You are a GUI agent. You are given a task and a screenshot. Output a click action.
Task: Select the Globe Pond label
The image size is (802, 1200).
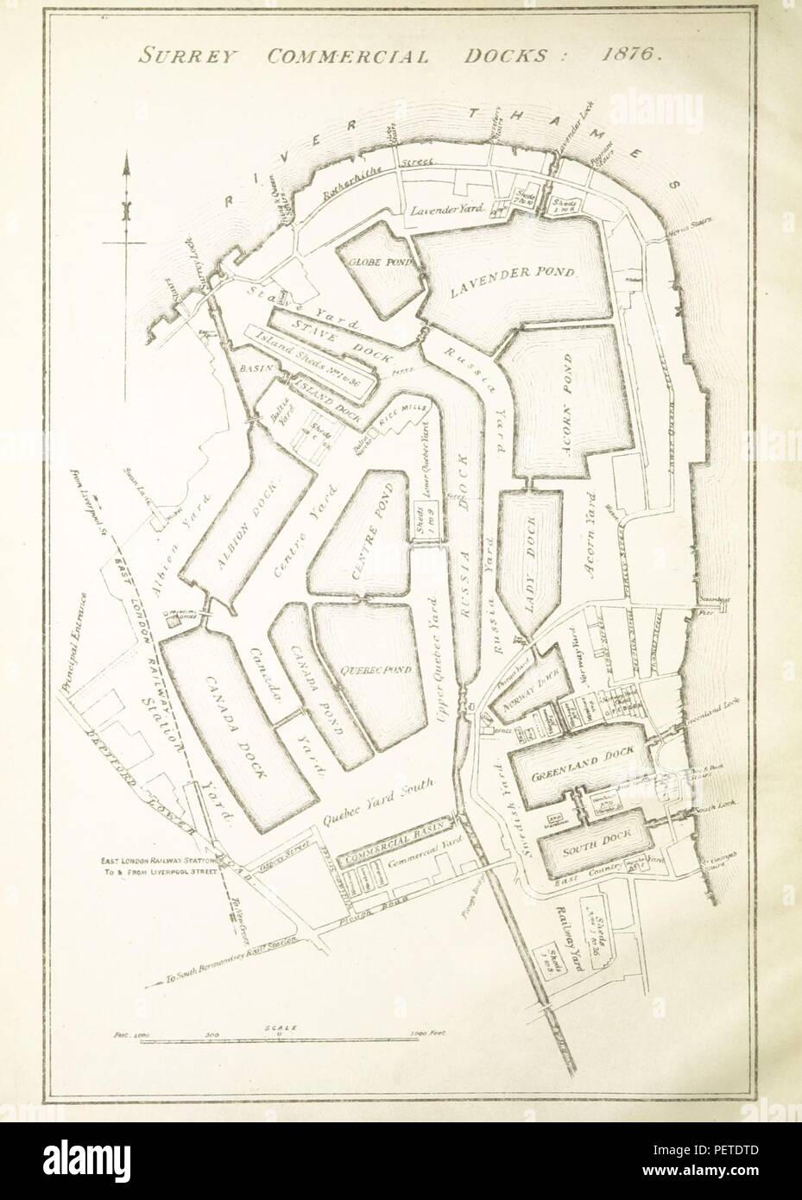pos(377,262)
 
